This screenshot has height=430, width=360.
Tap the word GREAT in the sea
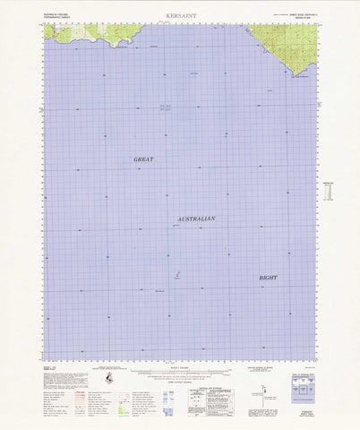(x=143, y=159)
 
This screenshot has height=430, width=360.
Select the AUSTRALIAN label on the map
(x=195, y=219)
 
